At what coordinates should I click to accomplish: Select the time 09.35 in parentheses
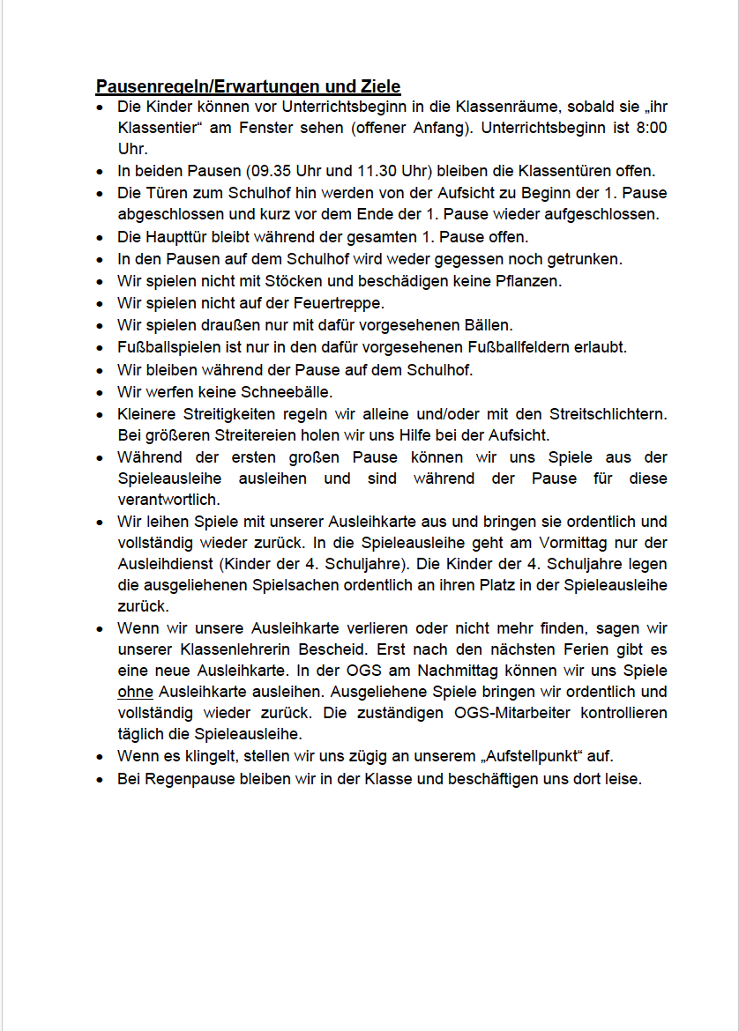[246, 171]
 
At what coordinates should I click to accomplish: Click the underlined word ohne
[135, 691]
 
